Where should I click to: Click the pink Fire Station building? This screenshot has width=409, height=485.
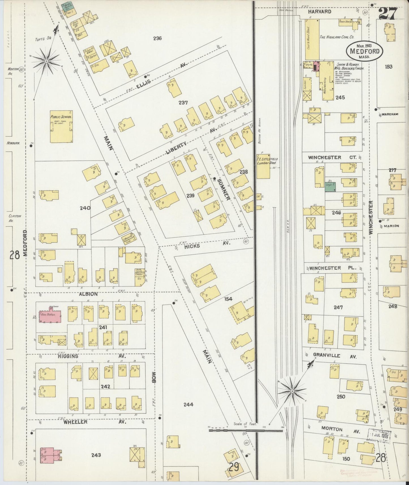pyautogui.click(x=50, y=317)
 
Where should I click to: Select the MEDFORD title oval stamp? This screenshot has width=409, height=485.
pyautogui.click(x=364, y=51)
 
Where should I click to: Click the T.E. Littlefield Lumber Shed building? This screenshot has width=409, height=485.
pyautogui.click(x=263, y=166)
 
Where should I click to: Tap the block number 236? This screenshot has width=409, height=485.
pyautogui.click(x=157, y=38)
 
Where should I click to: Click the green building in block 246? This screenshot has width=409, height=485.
pyautogui.click(x=330, y=187)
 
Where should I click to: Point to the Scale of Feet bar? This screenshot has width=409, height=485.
pyautogui.click(x=246, y=430)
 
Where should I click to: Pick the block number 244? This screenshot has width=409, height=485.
pyautogui.click(x=188, y=405)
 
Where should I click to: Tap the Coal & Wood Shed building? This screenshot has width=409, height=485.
pyautogui.click(x=312, y=38)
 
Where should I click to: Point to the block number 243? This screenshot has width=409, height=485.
pyautogui.click(x=96, y=455)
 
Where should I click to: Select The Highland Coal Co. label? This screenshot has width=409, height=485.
pyautogui.click(x=337, y=37)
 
